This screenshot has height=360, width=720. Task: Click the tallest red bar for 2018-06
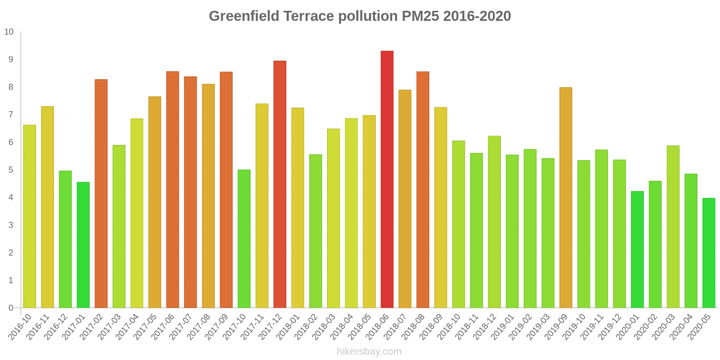(387, 180)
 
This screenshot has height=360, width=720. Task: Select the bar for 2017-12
(279, 184)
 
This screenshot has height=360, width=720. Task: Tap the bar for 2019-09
(566, 198)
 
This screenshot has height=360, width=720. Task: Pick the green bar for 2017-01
(83, 245)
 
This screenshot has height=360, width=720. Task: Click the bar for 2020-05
(709, 253)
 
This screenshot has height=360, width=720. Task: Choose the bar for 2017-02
(101, 193)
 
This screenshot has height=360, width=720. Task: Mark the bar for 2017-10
(244, 238)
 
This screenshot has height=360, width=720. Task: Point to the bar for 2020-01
(637, 250)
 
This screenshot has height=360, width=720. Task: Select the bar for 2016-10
(30, 216)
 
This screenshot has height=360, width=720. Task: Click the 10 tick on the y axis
(9, 32)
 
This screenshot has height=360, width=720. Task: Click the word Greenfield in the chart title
(243, 16)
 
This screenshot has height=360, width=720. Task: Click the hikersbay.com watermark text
(369, 351)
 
